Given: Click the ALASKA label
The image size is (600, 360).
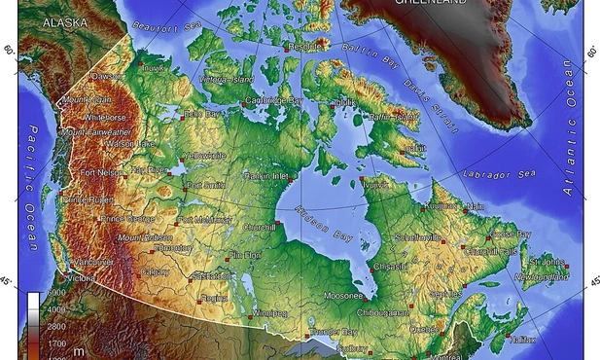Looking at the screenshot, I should pos(61,20).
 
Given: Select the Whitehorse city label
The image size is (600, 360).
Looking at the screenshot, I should pos(105,118).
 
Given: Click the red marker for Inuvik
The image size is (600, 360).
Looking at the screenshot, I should pos(140,67).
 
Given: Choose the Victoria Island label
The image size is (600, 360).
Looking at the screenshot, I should pos(226,79).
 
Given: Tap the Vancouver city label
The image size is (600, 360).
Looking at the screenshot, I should pos(94,262).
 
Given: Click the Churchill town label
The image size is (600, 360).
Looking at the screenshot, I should pos(260,228).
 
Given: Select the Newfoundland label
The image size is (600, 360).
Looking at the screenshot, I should pos(542,278).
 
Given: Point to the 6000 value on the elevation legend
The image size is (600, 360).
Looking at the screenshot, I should pos(57,293).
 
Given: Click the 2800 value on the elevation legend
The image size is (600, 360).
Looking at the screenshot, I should pos(57,326).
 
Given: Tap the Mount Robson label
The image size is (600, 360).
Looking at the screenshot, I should pos(145,237).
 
